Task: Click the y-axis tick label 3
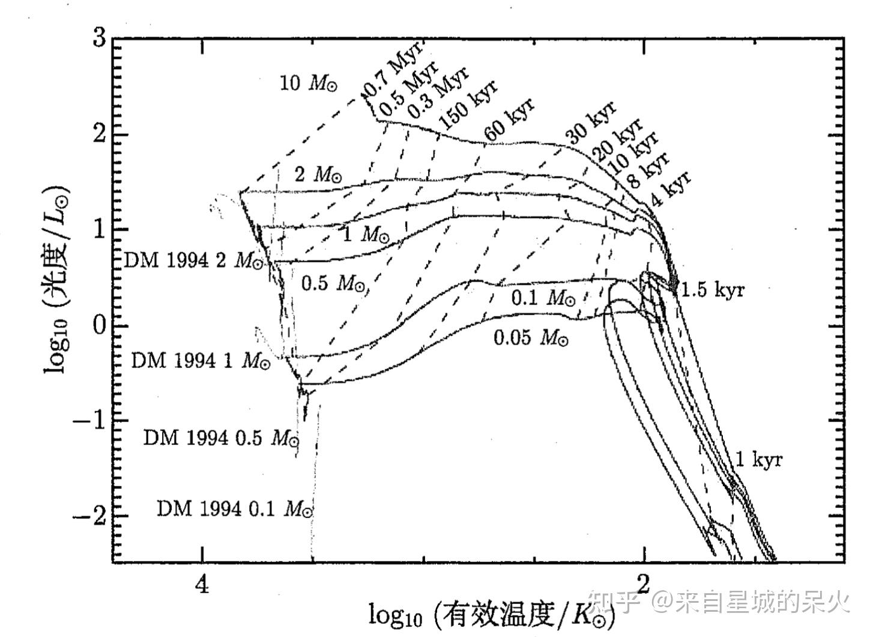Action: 100,38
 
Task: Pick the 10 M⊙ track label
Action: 309,83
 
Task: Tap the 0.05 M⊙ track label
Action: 531,338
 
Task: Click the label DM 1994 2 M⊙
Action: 193,261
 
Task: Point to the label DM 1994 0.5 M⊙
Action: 220,438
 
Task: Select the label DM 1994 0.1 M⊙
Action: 235,509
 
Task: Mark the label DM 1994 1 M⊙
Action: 201,360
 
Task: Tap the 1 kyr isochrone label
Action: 759,460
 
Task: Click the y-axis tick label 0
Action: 100,325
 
